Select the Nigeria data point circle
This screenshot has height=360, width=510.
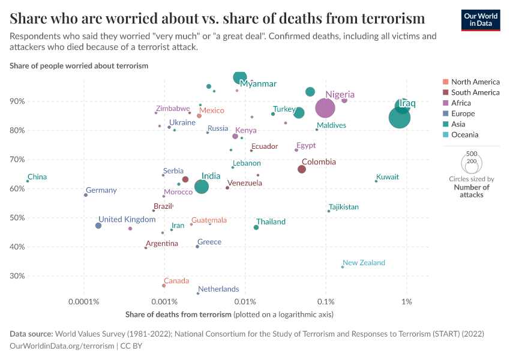(x=325, y=108)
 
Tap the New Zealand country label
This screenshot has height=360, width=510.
(x=364, y=263)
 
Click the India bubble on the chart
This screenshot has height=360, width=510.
(x=202, y=187)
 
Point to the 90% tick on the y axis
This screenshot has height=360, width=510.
(x=17, y=101)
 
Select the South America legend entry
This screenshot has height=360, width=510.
(x=475, y=92)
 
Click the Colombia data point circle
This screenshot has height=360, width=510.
(x=302, y=169)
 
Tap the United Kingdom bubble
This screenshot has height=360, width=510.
(x=98, y=226)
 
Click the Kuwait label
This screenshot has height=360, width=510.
(x=388, y=177)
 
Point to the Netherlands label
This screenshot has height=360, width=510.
(x=218, y=289)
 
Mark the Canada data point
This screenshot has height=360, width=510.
(x=164, y=286)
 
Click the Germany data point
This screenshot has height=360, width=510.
(x=86, y=195)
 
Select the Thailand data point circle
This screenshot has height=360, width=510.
(x=256, y=227)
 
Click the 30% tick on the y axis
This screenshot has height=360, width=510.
(x=17, y=276)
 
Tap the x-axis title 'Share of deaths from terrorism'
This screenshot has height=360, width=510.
(x=178, y=314)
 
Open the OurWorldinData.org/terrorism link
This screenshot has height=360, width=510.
(x=62, y=346)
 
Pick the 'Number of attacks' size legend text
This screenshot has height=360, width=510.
(x=471, y=191)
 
